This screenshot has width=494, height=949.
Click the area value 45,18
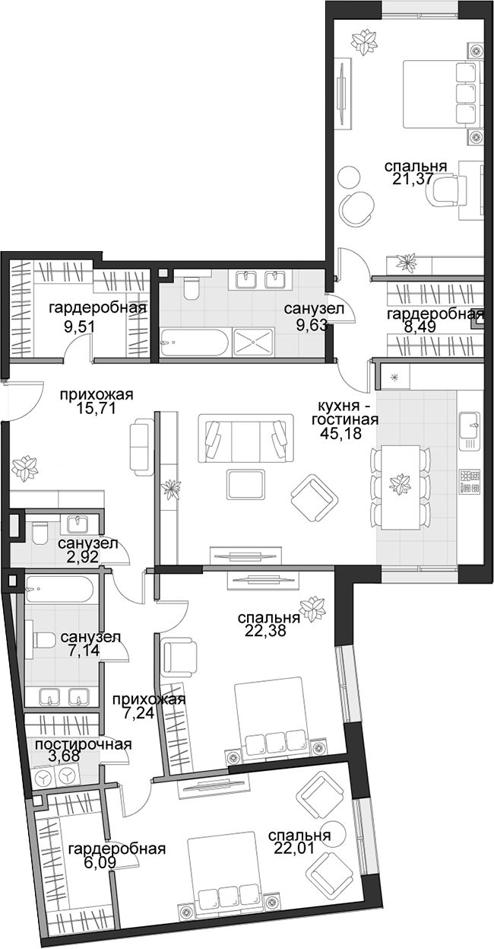point(341,435)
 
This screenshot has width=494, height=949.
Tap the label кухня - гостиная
point(344,413)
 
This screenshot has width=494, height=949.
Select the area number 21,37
point(413,179)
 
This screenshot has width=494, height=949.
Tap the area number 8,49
point(421,326)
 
